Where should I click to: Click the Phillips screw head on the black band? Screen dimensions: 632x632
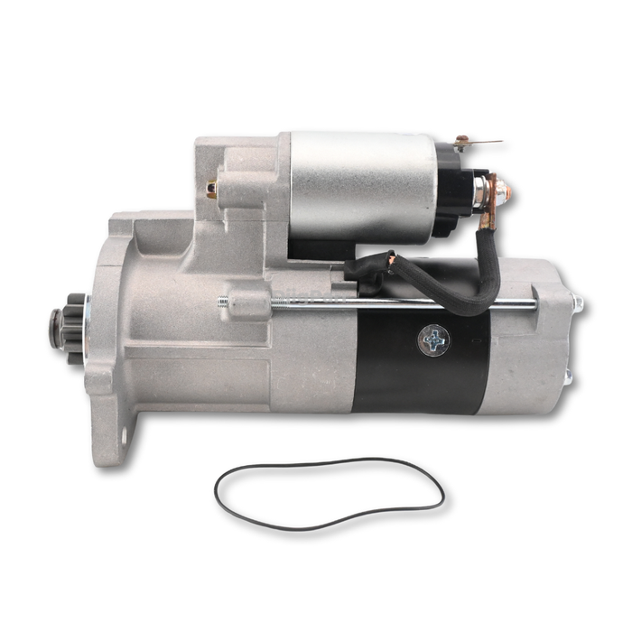pos(433,340)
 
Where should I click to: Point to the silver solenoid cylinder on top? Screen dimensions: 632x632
pos(361,185)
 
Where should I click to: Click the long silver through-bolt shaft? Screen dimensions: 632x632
pos(406,303)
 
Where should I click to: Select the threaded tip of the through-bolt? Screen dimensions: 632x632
pos(222,302)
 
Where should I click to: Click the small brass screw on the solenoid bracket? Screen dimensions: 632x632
pos(211,189)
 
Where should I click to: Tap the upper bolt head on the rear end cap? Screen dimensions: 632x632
pos(578,304)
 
